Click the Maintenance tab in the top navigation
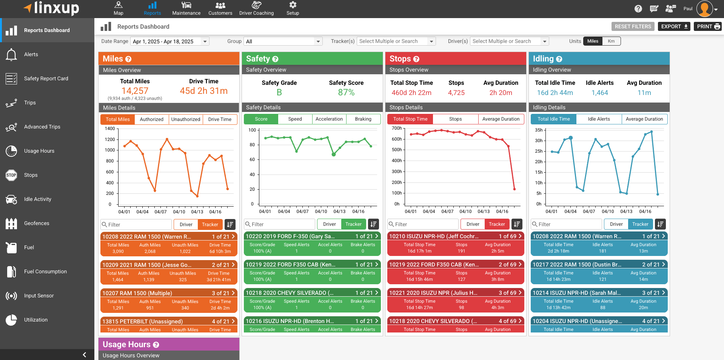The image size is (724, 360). tap(186, 9)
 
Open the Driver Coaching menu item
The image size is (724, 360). tap(256, 9)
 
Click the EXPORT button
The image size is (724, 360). tap(674, 26)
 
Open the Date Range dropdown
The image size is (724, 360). tap(170, 41)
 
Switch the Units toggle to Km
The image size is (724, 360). tap(611, 41)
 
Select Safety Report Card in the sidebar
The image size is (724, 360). tap(46, 78)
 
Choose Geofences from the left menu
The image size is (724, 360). tap(37, 223)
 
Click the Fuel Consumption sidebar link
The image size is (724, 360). tap(45, 271)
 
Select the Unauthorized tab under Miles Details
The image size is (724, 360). tap(186, 119)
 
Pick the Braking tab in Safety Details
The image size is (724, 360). tap(363, 119)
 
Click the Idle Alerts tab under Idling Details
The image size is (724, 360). tap(599, 119)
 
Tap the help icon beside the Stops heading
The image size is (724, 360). tap(416, 59)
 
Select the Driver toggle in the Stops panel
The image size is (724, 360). tap(473, 224)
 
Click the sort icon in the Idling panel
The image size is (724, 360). tap(660, 224)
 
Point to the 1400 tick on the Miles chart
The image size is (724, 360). tap(110, 129)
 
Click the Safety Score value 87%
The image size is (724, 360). tap(346, 93)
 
